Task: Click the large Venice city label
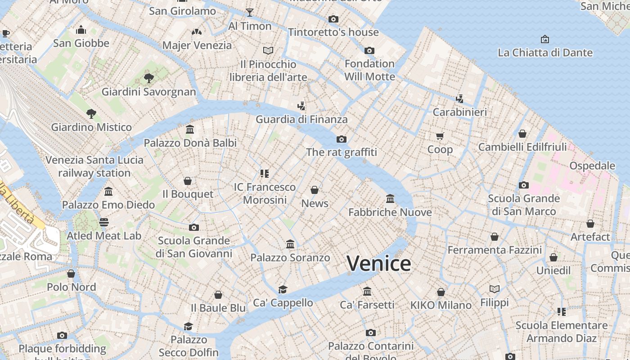tap(379, 263)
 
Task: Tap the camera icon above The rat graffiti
tap(342, 139)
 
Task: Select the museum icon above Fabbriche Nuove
tap(390, 198)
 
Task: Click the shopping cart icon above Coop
tap(440, 136)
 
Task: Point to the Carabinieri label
tap(459, 112)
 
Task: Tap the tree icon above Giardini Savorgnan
tap(149, 78)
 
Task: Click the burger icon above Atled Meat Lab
tap(104, 222)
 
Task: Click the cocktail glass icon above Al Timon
tap(250, 12)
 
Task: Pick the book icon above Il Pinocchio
tap(268, 50)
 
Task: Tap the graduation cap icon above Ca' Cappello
tap(283, 289)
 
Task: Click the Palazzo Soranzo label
tap(290, 258)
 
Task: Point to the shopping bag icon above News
tap(315, 190)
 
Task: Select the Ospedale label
tap(592, 166)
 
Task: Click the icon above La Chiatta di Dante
tap(545, 39)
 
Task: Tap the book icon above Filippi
tap(494, 289)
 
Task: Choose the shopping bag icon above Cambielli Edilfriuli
tap(522, 134)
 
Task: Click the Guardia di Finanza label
tap(301, 119)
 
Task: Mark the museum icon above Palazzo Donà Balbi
tap(190, 130)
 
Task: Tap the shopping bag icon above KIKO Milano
tap(441, 292)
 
